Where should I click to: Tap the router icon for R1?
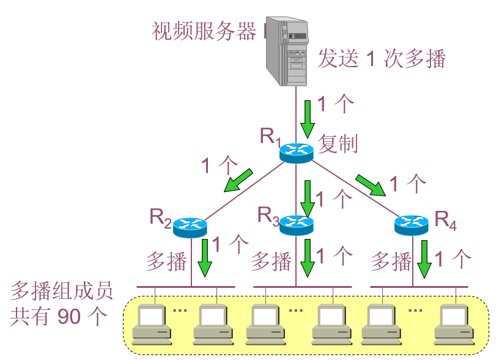296,151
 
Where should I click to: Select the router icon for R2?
190,227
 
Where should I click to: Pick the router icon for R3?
296,224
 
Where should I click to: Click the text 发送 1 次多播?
382,59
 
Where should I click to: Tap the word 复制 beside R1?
338,144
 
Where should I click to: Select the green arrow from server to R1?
307,116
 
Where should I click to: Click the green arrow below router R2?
204,257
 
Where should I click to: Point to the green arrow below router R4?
424,258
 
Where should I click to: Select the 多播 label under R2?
166,262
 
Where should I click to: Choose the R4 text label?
445,221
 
